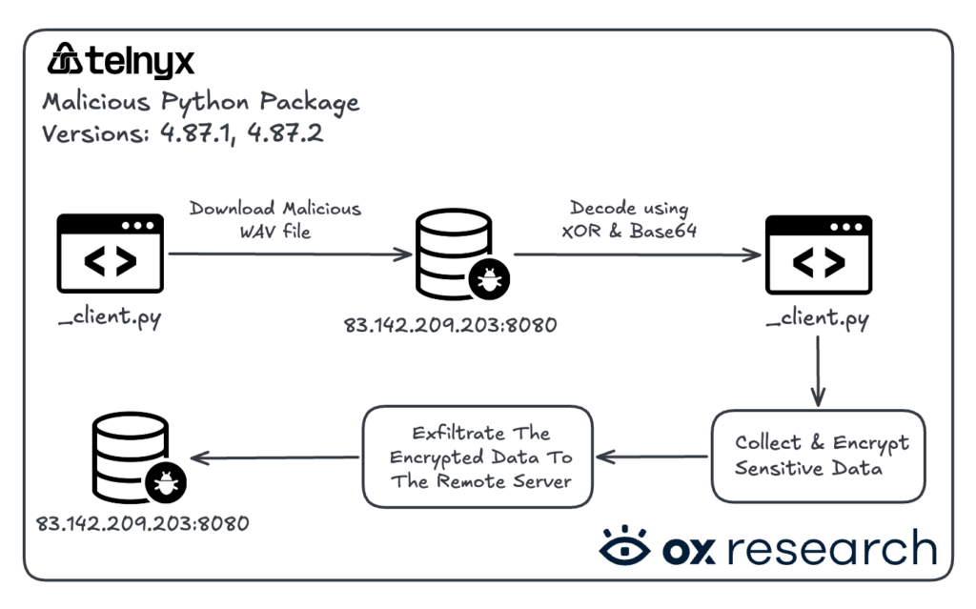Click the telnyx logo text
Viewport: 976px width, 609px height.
[140, 62]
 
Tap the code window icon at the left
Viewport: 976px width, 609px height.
[111, 254]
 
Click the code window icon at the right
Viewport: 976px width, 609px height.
[819, 254]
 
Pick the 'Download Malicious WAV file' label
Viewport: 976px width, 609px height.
[275, 220]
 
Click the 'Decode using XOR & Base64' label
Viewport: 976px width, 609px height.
[629, 219]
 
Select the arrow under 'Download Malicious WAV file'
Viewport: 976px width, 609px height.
[290, 254]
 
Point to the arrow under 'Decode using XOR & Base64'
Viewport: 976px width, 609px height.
[638, 254]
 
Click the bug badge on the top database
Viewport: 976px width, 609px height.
[489, 279]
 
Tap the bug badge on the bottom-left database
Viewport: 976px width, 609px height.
[166, 482]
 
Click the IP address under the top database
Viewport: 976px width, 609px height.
[450, 324]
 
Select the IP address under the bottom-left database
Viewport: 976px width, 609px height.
[143, 523]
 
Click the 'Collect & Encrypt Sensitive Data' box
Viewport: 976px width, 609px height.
[819, 456]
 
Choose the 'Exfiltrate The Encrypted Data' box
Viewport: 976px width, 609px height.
[478, 457]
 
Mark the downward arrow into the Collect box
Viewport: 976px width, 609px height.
[818, 371]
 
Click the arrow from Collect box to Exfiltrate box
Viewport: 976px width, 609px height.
[652, 457]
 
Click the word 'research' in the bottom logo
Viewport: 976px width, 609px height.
[832, 547]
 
